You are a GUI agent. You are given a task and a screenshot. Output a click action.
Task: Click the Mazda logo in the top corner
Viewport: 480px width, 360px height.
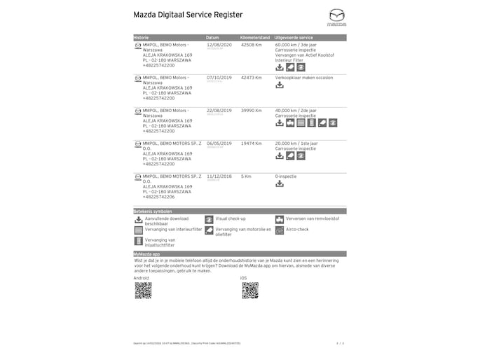pos(337,17)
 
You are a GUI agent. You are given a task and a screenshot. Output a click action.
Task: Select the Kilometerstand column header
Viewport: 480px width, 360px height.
pos(255,37)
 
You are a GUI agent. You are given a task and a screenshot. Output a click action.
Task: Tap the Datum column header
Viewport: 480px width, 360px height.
pos(213,37)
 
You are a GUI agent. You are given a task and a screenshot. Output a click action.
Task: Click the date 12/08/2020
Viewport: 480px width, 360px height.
pos(219,44)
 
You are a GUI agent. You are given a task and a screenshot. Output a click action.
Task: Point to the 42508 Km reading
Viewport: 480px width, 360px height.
pos(251,44)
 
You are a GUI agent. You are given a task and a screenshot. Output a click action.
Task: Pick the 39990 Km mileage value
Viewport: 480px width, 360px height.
pos(251,110)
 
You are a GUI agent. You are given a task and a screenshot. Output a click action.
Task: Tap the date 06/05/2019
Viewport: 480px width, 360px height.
pos(219,143)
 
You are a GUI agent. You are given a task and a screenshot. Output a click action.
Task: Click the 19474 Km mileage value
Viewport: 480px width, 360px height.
pos(251,143)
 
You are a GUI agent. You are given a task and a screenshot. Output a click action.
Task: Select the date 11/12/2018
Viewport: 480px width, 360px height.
pos(219,176)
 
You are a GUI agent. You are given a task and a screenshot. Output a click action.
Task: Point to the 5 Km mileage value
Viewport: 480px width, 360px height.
pos(245,176)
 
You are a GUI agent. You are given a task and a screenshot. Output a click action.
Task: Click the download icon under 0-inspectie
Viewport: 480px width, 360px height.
pos(280,184)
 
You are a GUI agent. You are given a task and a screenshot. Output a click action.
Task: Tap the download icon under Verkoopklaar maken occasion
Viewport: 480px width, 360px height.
pos(280,85)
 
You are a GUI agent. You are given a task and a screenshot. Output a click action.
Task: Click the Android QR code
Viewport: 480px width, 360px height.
pos(143,290)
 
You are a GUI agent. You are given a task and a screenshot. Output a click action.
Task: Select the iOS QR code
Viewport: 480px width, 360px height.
pos(250,290)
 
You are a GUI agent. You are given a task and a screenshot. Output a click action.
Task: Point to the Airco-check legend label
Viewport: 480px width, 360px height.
pos(298,229)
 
